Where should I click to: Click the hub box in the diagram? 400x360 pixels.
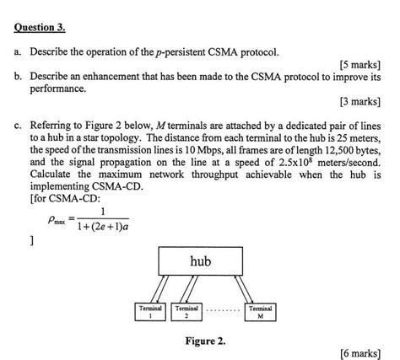point(200,262)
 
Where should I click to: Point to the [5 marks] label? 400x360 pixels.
point(359,64)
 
